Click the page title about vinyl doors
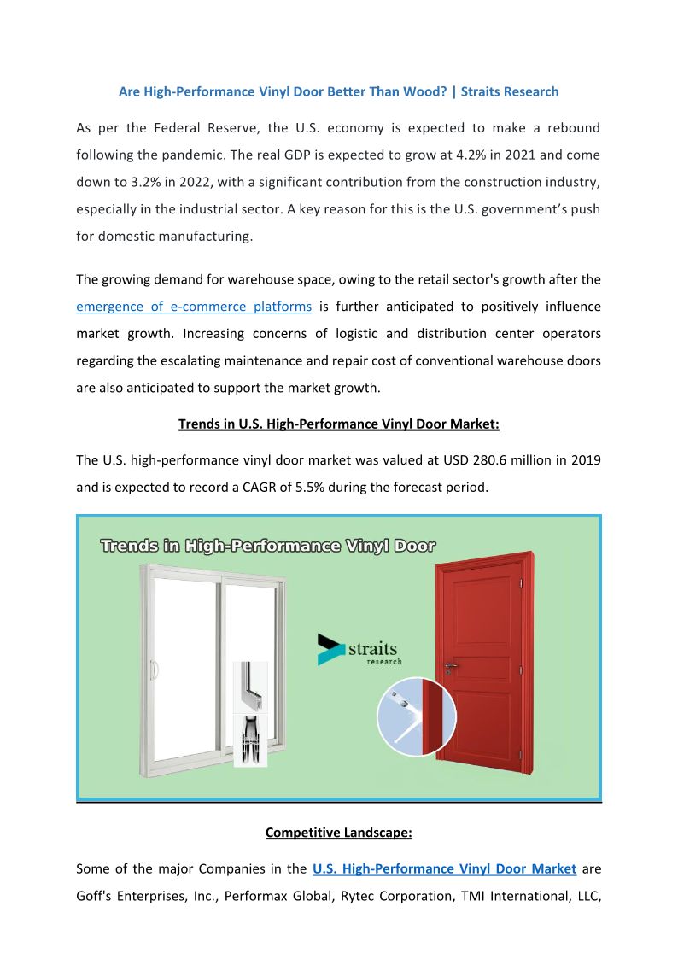[338, 91]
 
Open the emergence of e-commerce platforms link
[194, 307]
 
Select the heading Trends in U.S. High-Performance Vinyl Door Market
[338, 424]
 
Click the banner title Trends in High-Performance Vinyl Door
[268, 547]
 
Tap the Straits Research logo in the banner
[359, 650]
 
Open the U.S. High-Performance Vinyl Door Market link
[444, 869]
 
